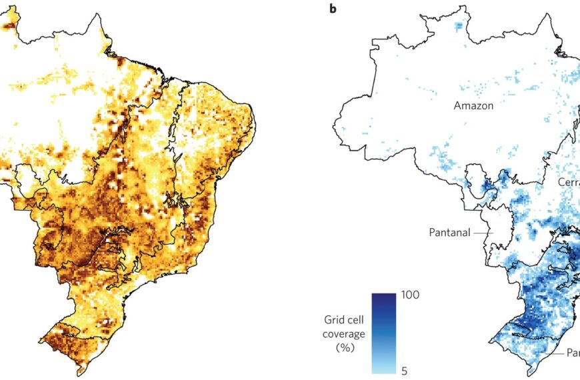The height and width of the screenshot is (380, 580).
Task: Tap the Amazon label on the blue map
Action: pos(473,105)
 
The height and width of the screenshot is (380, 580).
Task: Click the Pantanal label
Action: pos(449,233)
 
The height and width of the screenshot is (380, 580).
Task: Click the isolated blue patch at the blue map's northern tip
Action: pos(457,26)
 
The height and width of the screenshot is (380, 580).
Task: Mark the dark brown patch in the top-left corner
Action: pos(8,25)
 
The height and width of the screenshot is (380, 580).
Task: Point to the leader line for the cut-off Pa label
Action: pos(556,352)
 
